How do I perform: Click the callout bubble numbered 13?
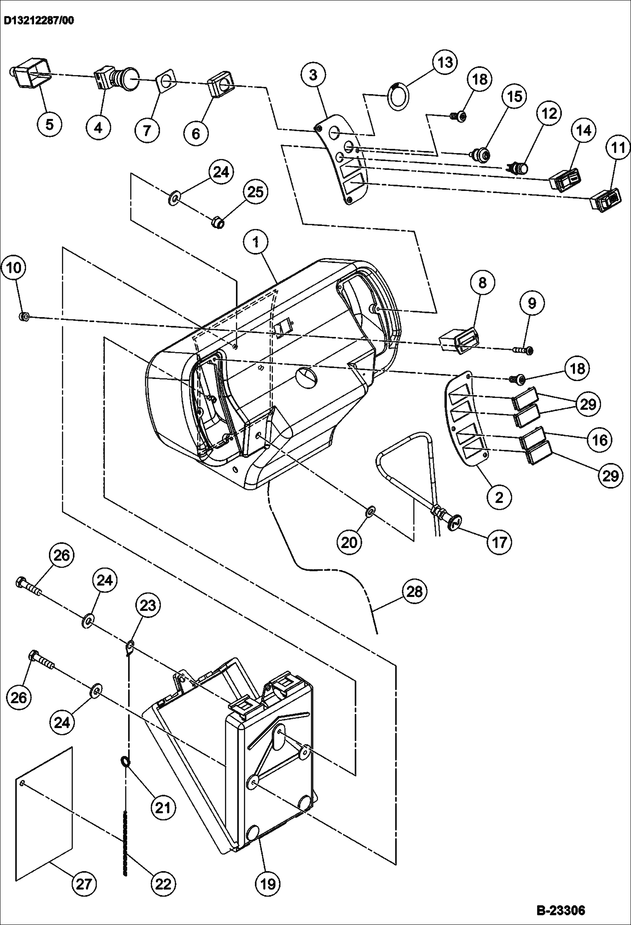pyautogui.click(x=445, y=62)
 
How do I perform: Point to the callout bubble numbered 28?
pyautogui.click(x=415, y=592)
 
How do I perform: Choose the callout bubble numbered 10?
pyautogui.click(x=14, y=268)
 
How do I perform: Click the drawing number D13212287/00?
pyautogui.click(x=39, y=21)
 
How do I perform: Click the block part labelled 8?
pyautogui.click(x=458, y=339)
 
